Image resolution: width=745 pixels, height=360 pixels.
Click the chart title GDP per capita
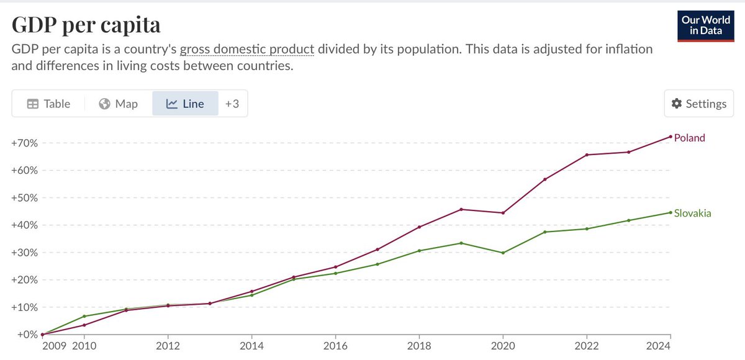[86, 25]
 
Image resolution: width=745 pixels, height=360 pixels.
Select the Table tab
[48, 104]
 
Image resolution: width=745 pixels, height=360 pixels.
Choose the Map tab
[118, 104]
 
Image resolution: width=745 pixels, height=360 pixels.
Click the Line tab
[185, 104]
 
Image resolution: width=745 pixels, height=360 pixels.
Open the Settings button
[699, 104]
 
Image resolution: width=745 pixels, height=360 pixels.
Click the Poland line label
[690, 138]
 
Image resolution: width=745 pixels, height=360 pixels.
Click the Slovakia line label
[692, 213]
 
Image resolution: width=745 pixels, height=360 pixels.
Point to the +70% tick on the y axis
[24, 143]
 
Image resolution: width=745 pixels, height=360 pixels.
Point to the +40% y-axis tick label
[24, 225]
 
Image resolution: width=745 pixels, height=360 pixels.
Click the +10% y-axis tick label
[24, 307]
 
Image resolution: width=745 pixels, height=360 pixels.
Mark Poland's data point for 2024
[670, 137]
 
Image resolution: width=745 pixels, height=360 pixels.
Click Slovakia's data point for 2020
[503, 253]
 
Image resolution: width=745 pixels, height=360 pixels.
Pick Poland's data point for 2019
[461, 209]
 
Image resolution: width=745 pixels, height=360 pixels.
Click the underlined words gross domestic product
[246, 49]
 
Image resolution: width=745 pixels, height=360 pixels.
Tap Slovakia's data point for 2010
[84, 317]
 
